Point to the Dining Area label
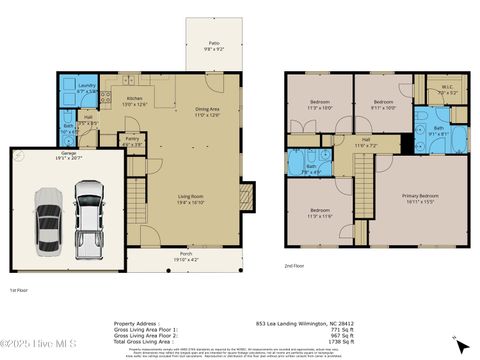pos(206,112)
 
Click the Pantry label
pos(132,140)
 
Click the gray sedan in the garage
pos(48,217)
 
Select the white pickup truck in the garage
pos(89,216)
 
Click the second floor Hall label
pos(365,142)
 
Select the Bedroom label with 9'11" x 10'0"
pos(384,104)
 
